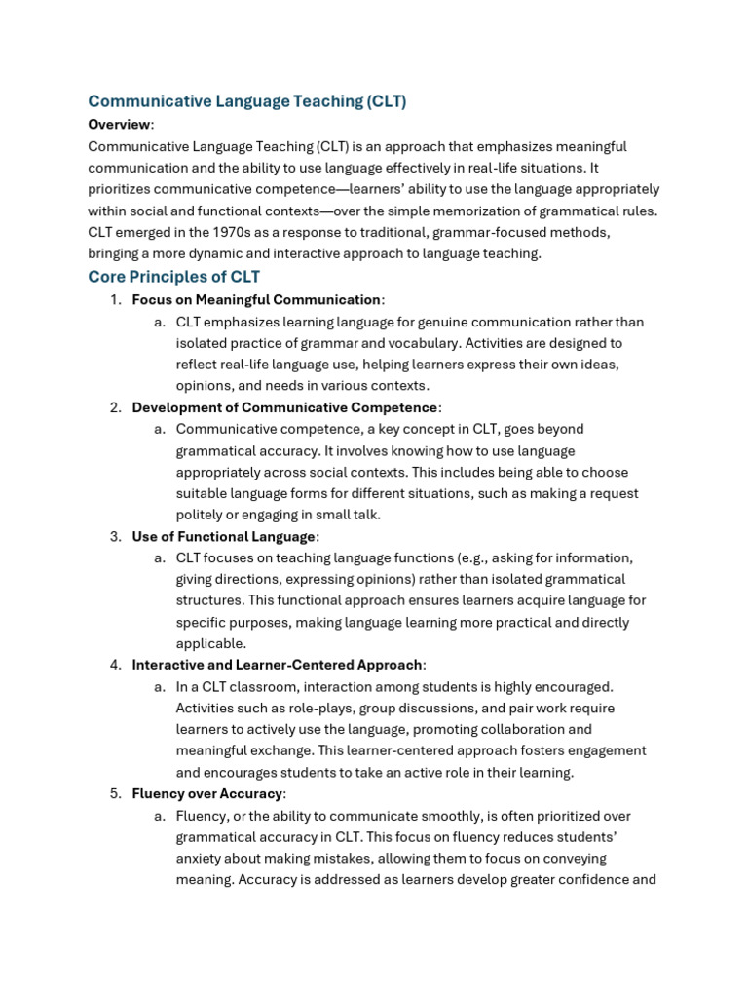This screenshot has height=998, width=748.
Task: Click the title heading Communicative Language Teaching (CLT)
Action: click(x=246, y=100)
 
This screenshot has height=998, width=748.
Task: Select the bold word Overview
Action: click(x=120, y=124)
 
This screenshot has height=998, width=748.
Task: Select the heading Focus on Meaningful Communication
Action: click(x=256, y=300)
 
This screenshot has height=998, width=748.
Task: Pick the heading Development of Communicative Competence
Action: click(x=284, y=406)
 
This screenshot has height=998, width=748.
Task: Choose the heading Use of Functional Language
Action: click(x=223, y=536)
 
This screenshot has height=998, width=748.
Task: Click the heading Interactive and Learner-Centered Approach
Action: click(x=278, y=665)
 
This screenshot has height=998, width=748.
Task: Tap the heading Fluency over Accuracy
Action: click(x=206, y=793)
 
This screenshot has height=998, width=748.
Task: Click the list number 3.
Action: click(x=114, y=536)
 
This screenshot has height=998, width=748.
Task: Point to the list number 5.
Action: click(x=114, y=793)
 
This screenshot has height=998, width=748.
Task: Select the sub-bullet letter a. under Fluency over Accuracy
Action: click(x=159, y=815)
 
